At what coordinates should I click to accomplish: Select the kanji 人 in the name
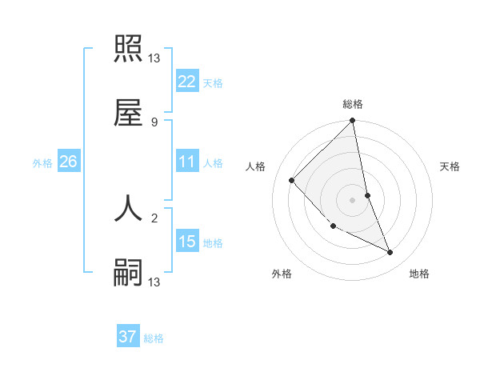128,208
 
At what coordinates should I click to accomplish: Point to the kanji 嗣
128,273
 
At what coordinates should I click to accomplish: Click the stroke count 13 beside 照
155,58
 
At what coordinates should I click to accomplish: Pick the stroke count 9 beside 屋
154,122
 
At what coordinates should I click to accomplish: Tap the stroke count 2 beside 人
154,217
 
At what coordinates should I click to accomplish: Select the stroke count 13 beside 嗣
155,282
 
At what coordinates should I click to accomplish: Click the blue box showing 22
187,81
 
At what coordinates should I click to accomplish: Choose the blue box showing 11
187,162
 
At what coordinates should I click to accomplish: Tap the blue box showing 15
187,241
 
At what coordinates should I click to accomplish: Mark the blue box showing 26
68,162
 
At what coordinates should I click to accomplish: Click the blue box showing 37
128,337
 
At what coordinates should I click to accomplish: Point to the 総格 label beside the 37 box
154,338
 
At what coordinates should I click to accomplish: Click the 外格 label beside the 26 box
42,163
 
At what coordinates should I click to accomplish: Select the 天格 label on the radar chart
450,166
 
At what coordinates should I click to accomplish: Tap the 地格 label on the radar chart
419,274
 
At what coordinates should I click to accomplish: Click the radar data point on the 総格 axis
352,121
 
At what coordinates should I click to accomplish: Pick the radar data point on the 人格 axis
292,180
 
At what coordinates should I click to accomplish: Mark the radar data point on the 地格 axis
390,253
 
